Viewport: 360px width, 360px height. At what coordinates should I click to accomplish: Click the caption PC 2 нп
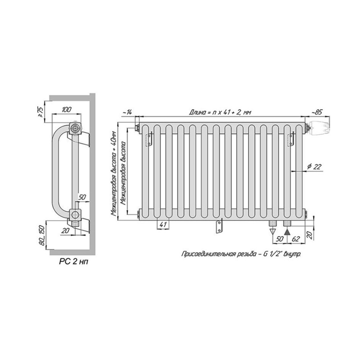(73, 262)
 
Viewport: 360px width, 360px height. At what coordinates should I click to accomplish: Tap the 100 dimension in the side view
(67, 109)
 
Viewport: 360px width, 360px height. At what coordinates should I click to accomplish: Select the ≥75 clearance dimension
(41, 112)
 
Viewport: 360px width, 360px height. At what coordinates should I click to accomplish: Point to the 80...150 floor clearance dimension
(42, 235)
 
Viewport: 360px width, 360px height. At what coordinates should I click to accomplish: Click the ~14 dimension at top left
(127, 112)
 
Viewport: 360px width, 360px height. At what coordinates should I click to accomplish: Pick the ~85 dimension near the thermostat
(317, 112)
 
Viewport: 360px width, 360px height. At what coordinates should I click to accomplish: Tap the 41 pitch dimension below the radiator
(163, 225)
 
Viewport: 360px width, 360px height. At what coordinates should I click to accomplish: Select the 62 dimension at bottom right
(296, 239)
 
